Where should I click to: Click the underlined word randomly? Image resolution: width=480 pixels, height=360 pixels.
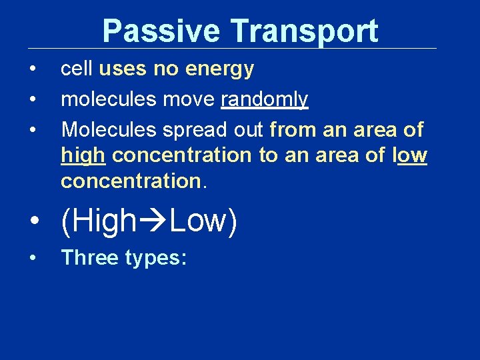coord(264,99)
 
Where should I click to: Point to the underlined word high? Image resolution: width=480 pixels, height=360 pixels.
coord(83,155)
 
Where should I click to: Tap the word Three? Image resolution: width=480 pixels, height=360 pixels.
coord(90,257)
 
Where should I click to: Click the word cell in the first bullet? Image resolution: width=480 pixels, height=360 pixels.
coord(77,69)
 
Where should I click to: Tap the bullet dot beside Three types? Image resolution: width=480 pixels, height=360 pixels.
coord(32,258)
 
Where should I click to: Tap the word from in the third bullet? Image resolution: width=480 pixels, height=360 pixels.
coord(293,129)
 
